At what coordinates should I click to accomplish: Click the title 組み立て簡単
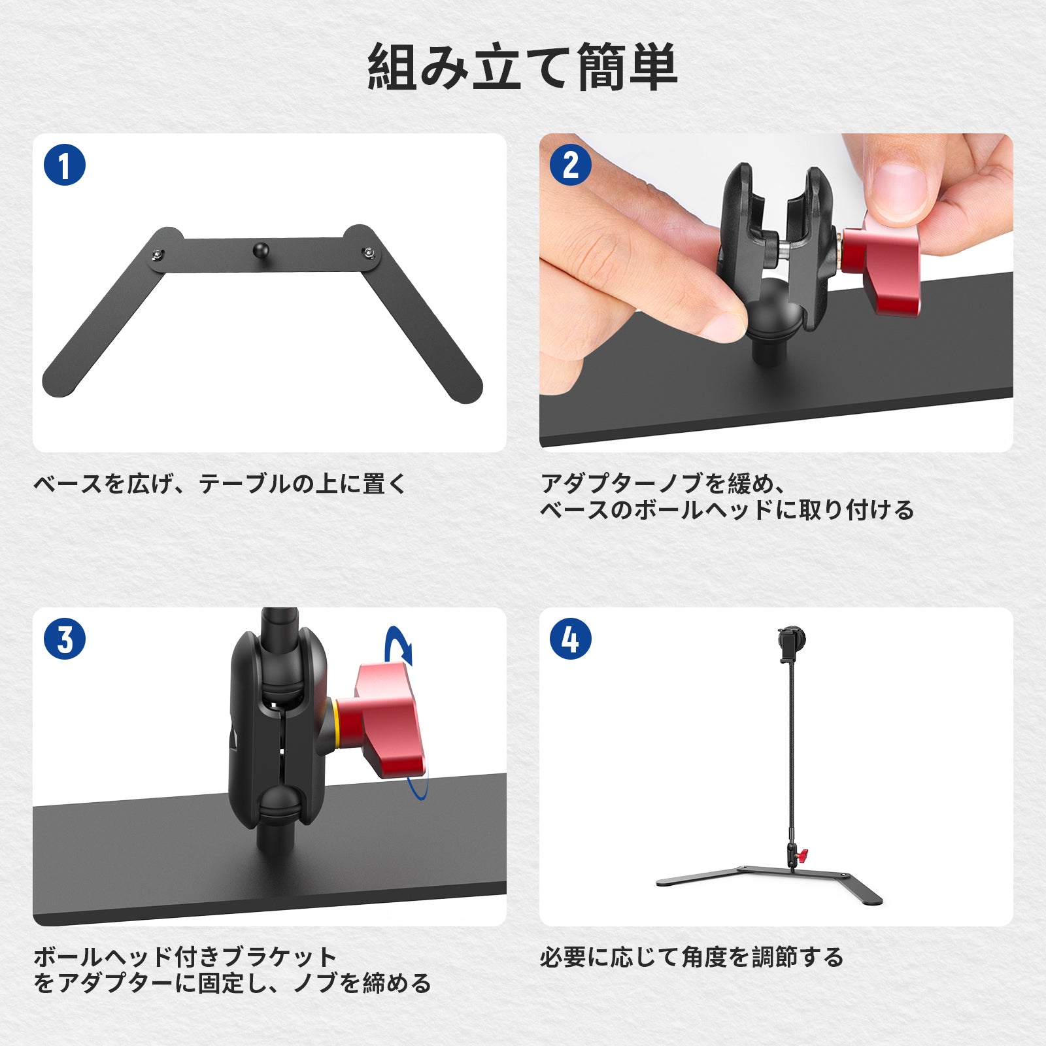522,67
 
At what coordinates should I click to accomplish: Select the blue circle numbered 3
65,639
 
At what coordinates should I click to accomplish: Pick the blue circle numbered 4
570,639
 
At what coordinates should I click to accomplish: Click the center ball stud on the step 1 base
261,250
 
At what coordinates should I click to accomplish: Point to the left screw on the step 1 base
157,254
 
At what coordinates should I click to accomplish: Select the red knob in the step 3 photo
382,720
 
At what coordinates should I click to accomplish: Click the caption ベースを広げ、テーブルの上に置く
220,484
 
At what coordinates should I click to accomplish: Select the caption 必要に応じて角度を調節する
692,957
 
